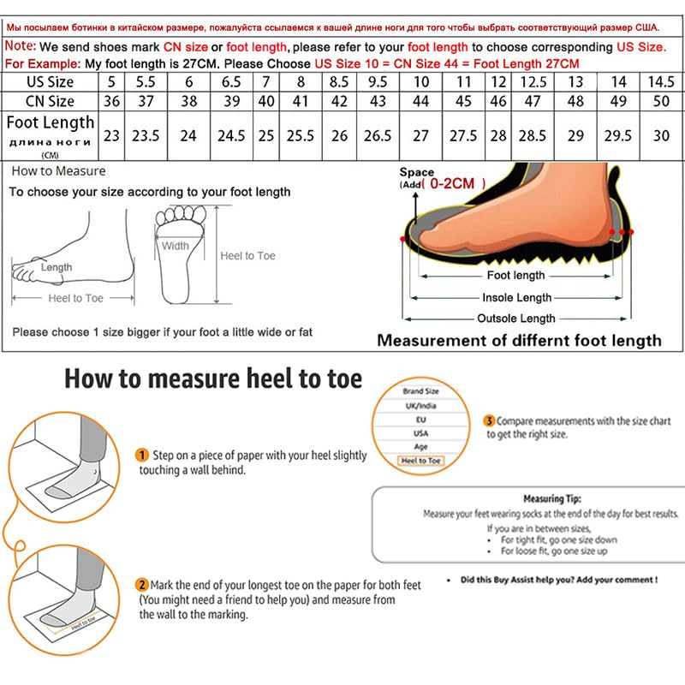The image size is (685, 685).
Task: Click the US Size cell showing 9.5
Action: click(378, 82)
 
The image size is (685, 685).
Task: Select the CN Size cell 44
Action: click(421, 101)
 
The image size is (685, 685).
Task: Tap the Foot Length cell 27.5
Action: click(463, 136)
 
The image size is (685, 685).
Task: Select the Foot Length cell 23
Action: click(111, 136)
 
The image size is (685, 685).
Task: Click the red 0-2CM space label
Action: click(457, 183)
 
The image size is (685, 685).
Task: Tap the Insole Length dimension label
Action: click(517, 297)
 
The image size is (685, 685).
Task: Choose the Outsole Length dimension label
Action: click(516, 319)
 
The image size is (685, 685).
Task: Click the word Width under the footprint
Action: click(176, 246)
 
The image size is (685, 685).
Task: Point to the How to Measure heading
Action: click(59, 171)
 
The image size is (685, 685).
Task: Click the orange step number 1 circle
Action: click(143, 455)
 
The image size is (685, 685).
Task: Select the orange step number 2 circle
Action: click(142, 585)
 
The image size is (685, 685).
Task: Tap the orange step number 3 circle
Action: click(489, 420)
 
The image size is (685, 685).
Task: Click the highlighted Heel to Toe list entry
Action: click(421, 461)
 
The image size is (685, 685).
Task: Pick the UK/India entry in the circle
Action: click(420, 406)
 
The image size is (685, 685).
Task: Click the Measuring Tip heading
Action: click(552, 498)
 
